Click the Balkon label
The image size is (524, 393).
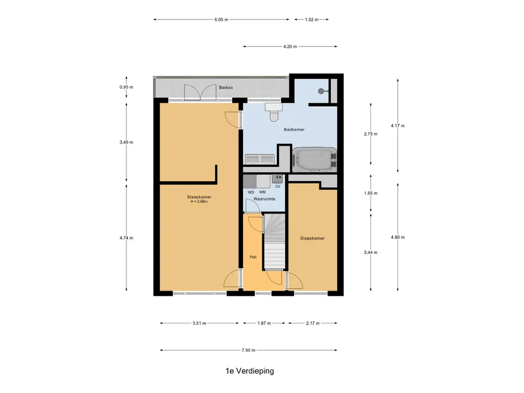point(226,88)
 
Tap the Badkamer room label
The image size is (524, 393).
point(294,129)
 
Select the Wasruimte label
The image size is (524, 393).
point(265,199)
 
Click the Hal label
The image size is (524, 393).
point(253,257)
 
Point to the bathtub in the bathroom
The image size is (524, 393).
point(315,160)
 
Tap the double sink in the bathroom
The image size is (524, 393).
point(260,159)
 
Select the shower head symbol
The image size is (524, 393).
point(322,91)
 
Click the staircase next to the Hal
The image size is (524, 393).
point(275,242)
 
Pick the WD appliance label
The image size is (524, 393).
point(251,192)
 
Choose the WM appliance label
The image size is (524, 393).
point(263,192)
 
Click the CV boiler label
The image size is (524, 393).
point(278,186)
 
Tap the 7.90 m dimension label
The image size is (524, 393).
point(248,350)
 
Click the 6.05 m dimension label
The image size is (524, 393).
point(221,20)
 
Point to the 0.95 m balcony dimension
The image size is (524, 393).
point(126,87)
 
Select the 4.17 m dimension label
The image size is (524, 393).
point(398,126)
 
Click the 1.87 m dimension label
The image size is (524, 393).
point(264,323)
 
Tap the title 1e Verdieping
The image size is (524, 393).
point(250,370)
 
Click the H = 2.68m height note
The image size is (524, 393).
point(199,202)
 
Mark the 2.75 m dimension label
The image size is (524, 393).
point(370,134)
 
